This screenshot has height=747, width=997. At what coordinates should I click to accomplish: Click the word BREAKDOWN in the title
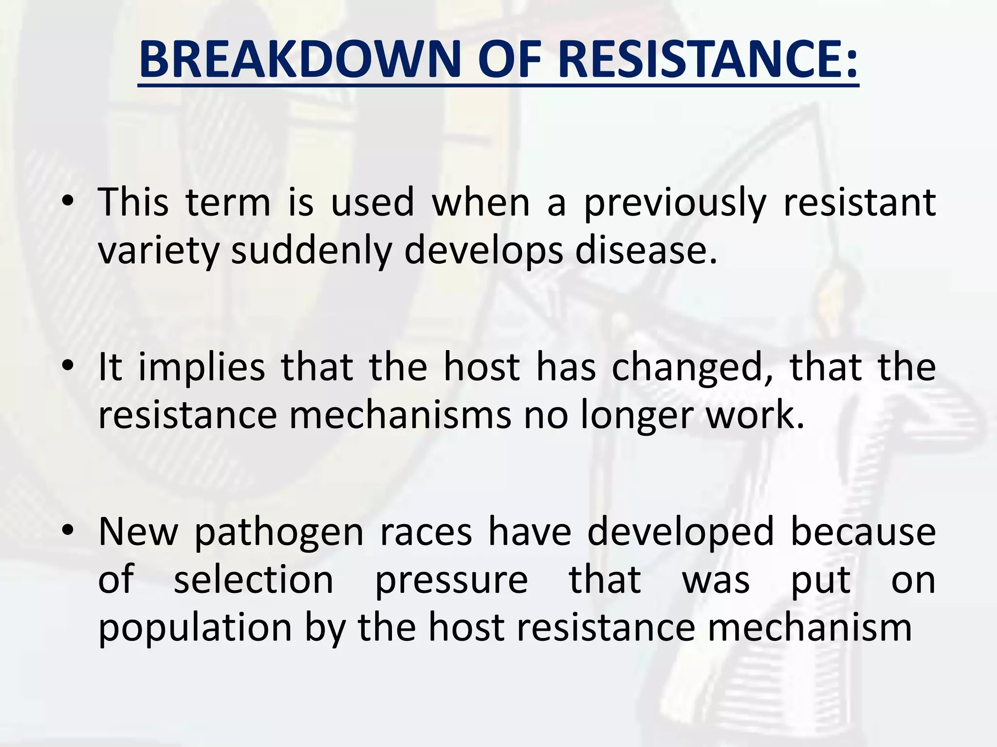click(299, 59)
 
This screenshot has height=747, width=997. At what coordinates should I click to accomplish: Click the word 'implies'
click(202, 367)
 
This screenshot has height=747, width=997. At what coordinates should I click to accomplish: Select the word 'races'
click(426, 532)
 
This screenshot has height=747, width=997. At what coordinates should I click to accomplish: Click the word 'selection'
click(254, 580)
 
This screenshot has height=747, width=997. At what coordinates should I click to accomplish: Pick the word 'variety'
click(159, 251)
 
